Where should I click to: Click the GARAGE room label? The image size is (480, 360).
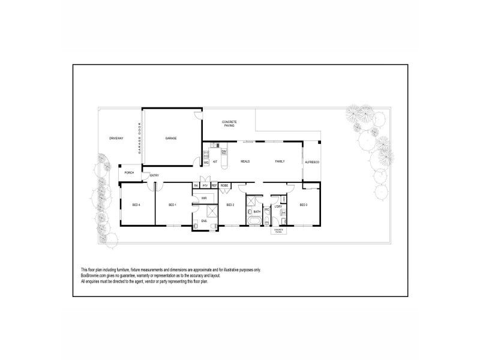[171, 139]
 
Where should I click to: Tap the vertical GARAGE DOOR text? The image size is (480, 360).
[139, 139]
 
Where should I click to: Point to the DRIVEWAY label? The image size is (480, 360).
[116, 139]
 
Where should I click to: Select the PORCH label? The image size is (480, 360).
[129, 173]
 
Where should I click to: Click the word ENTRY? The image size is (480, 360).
[154, 175]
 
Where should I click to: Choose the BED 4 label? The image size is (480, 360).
[136, 205]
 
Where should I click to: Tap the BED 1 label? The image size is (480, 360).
[172, 205]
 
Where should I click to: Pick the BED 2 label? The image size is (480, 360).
[229, 205]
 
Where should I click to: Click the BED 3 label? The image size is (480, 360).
[303, 205]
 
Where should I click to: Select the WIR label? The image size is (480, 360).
[204, 198]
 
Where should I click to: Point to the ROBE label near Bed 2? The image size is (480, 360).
[224, 186]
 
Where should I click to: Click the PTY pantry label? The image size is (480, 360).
[205, 186]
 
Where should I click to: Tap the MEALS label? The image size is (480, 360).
[245, 162]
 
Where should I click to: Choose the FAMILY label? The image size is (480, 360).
[280, 162]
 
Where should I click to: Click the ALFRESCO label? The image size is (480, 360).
[312, 162]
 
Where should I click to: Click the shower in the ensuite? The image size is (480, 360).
[212, 211]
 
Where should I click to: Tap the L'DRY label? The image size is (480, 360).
[278, 207]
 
